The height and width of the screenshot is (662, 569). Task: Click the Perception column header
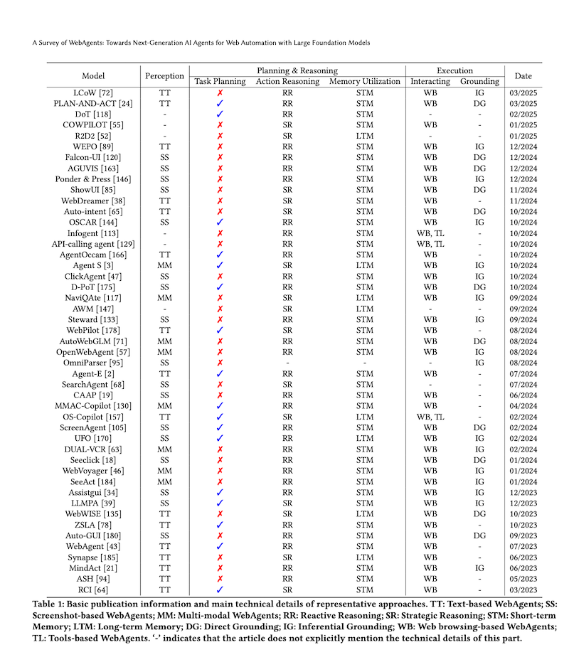click(165, 76)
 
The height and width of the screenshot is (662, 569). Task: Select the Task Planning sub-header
click(220, 82)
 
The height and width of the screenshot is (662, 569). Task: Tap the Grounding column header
click(479, 82)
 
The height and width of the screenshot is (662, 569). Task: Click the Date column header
click(523, 76)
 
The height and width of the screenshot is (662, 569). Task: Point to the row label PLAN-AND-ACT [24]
click(93, 103)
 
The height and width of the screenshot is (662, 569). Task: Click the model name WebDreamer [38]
click(93, 201)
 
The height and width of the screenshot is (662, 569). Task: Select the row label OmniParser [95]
click(93, 363)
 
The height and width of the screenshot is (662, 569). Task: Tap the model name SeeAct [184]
click(93, 482)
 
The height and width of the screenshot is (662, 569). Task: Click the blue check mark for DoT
click(220, 114)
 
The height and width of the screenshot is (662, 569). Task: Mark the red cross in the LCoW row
click(220, 93)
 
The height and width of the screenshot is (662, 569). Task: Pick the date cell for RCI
click(523, 590)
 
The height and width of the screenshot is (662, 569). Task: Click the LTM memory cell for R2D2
click(365, 136)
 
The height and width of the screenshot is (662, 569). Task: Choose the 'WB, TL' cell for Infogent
click(430, 233)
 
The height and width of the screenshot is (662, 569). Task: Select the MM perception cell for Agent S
click(165, 265)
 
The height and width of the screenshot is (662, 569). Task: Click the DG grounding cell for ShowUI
click(479, 190)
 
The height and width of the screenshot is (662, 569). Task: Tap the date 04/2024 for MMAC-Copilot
click(523, 406)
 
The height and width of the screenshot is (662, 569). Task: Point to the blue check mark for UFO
click(220, 439)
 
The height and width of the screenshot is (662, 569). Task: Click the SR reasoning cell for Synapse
click(287, 557)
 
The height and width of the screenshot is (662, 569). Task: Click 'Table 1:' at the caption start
click(48, 604)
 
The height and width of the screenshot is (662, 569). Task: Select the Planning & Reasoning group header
click(297, 70)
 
